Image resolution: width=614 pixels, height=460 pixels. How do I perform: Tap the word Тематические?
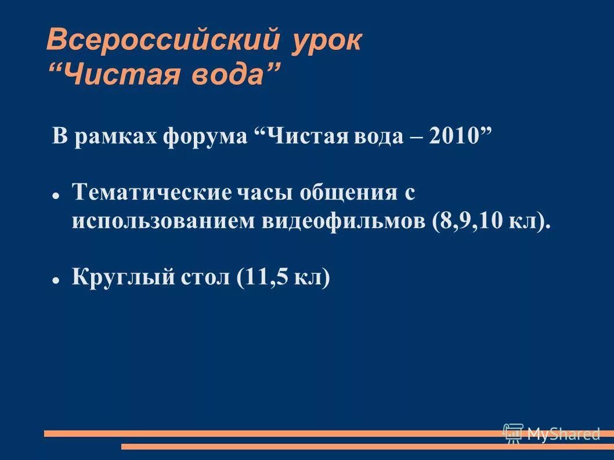pos(151,191)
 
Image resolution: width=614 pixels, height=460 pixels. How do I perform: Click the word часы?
pos(264,191)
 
